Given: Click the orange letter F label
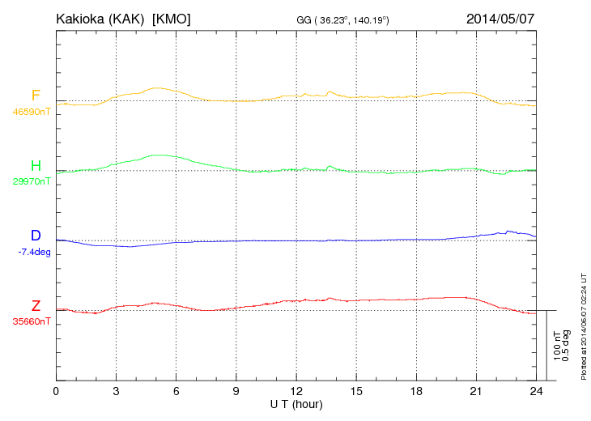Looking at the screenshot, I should click(x=36, y=96).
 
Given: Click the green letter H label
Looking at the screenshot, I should click(x=36, y=166).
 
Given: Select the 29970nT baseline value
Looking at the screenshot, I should click(x=31, y=182).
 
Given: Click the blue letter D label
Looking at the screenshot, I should click(x=36, y=236).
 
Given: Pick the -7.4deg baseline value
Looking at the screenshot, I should click(x=33, y=252).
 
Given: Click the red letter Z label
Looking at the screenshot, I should click(x=36, y=305).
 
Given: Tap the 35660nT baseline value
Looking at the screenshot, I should click(x=31, y=321).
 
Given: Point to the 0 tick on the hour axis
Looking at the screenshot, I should click(x=56, y=391).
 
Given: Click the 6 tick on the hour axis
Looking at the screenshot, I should click(x=176, y=391).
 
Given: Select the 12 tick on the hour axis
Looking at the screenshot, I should click(x=296, y=391).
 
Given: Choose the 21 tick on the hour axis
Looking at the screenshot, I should click(x=476, y=391).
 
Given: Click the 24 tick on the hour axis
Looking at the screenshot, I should click(x=536, y=391).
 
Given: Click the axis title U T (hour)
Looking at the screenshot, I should click(x=296, y=403).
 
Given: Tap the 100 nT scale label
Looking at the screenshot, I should click(x=556, y=346).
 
